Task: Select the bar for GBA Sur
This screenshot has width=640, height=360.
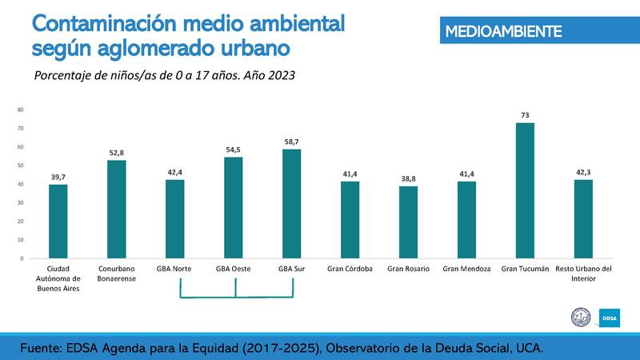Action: point(291,204)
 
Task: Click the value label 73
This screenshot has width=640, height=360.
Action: point(525,115)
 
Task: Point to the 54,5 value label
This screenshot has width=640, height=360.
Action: point(234,150)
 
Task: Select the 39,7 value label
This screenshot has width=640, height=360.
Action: point(58,178)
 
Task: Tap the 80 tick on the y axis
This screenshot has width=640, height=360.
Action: point(20,110)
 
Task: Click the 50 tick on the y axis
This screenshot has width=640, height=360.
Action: point(20,166)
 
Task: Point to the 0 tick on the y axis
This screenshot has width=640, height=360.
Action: point(22,258)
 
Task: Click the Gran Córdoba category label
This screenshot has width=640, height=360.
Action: point(350,269)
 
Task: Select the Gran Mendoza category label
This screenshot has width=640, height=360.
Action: point(466,269)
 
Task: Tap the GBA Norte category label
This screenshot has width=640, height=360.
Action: point(174,269)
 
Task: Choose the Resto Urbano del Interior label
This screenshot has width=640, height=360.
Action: point(583,274)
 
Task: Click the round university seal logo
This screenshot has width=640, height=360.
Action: point(579,318)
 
